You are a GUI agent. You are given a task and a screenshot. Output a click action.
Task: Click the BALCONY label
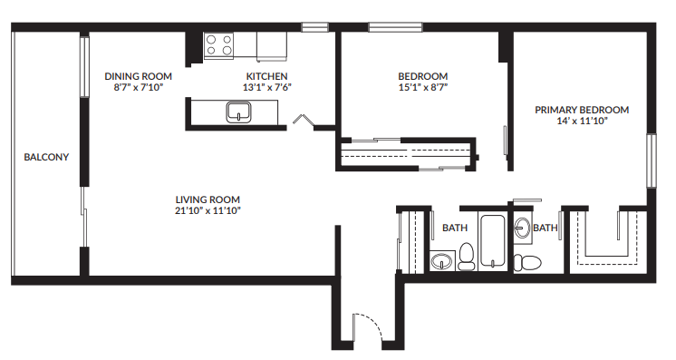[x=46, y=157]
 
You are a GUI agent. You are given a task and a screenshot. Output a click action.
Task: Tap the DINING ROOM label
[x=138, y=76]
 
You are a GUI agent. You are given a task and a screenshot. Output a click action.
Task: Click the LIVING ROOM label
[x=208, y=199]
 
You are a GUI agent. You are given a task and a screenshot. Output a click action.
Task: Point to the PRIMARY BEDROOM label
[x=581, y=110]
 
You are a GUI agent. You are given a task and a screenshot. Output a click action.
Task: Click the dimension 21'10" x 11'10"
[x=208, y=210]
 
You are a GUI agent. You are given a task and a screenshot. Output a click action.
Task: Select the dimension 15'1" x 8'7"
[x=423, y=87]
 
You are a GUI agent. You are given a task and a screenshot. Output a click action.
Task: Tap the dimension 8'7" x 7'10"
[x=138, y=87]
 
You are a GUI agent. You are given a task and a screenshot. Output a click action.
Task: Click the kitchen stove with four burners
[x=217, y=44]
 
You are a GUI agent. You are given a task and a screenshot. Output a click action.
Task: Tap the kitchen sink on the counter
[x=238, y=112]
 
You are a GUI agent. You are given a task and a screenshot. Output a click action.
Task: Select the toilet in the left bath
[x=467, y=257]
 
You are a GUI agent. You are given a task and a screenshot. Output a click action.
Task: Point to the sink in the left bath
[x=441, y=261]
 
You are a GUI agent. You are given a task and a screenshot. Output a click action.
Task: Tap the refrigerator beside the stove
[x=271, y=44]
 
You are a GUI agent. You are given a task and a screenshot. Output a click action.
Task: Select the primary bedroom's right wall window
[x=650, y=161]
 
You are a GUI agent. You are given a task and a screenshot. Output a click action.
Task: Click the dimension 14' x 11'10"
[x=581, y=121]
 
